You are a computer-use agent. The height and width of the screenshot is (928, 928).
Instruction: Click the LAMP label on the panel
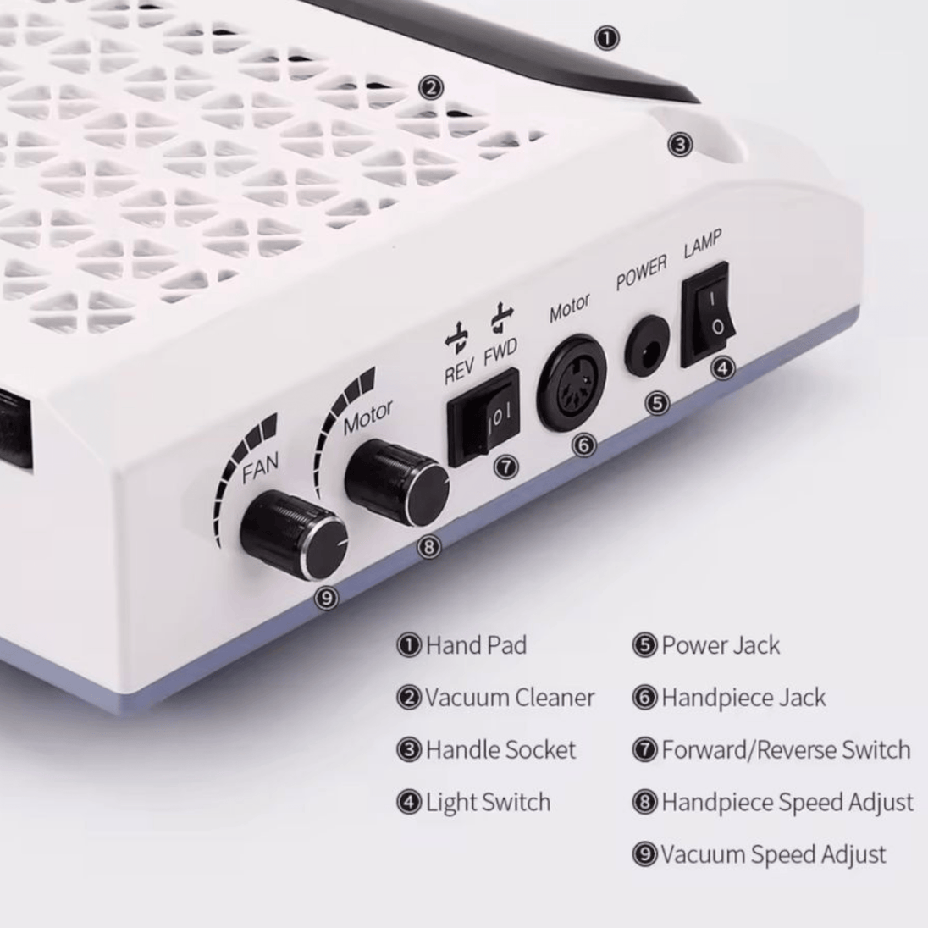703,243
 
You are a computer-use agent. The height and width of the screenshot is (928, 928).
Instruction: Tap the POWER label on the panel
641,273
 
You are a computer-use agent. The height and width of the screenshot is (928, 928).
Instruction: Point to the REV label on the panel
459,372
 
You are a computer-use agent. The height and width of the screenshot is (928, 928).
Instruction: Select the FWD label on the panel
500,352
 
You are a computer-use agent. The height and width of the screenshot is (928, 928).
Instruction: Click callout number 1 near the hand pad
606,38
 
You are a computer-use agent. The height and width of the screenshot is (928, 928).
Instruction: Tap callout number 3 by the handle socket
679,145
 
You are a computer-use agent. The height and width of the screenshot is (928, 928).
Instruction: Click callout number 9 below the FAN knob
326,598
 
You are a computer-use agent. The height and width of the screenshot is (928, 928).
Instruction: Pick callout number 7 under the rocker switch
505,467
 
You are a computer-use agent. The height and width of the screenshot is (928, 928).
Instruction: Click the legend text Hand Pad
476,645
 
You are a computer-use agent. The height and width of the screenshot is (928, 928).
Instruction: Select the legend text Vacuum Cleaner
510,698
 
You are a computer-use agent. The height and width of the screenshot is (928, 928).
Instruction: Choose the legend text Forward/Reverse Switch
786,750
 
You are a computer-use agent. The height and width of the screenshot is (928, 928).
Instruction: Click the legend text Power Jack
721,645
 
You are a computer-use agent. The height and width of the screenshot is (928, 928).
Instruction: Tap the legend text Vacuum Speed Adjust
774,854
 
